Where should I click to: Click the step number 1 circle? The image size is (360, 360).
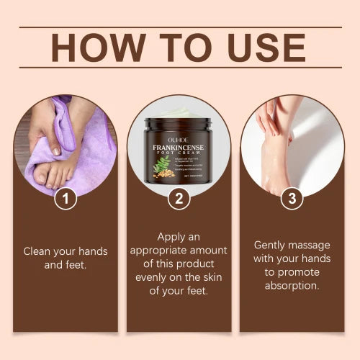click(x=66, y=198)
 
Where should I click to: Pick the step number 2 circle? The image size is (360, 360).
click(x=179, y=198)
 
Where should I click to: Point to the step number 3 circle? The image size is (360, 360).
click(x=291, y=198)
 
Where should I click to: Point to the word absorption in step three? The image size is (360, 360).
click(x=292, y=285)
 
